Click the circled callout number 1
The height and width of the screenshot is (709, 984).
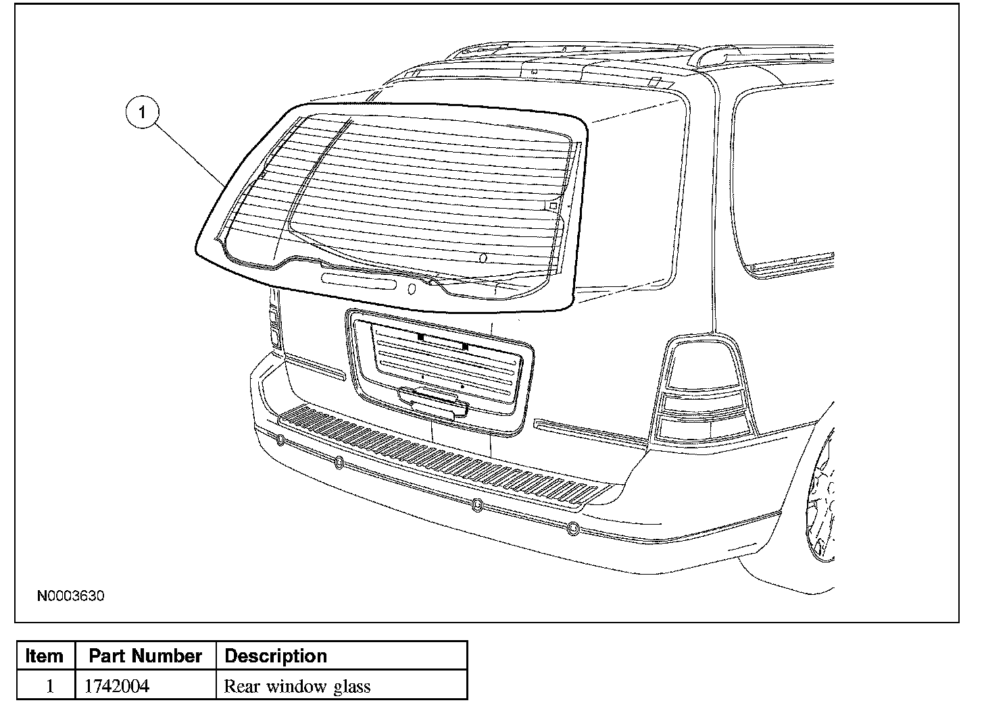pos(142,113)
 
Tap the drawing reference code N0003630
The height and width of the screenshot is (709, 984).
pos(71,596)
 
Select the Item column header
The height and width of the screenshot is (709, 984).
pos(45,656)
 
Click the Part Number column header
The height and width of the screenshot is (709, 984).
pos(145,656)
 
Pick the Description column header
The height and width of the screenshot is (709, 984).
pos(275,656)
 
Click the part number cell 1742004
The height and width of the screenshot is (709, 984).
pos(116,687)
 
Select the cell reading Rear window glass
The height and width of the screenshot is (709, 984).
pos(297,687)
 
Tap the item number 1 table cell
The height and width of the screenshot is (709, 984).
pos(49,687)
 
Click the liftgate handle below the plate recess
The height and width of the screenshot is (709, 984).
pos(433,401)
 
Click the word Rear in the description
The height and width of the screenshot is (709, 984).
pos(243,687)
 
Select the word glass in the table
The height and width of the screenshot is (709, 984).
pos(352,687)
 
